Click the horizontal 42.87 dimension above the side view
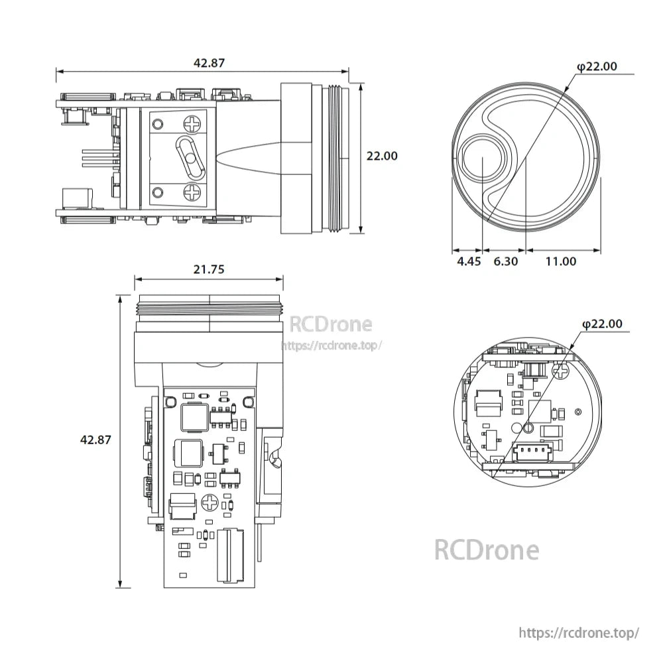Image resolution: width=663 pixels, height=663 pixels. tap(209, 64)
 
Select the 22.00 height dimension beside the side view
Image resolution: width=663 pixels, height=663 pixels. tap(382, 156)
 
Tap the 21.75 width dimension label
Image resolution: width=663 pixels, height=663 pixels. tap(209, 269)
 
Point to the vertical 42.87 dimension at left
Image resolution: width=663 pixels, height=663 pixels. tap(95, 439)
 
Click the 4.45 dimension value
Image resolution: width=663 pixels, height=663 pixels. tap(469, 261)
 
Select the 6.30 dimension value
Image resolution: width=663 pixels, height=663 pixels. tap(506, 261)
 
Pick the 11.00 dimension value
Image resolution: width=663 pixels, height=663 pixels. tap(561, 261)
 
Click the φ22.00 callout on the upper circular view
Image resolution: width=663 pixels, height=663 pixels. tap(597, 66)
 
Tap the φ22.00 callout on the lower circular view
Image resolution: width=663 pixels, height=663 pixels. tap(602, 324)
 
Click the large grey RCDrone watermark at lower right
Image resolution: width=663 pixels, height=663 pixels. tap(487, 550)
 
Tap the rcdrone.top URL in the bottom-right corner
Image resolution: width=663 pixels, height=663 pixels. tap(578, 633)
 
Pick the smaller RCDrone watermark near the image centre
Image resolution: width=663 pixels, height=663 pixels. tap(331, 324)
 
